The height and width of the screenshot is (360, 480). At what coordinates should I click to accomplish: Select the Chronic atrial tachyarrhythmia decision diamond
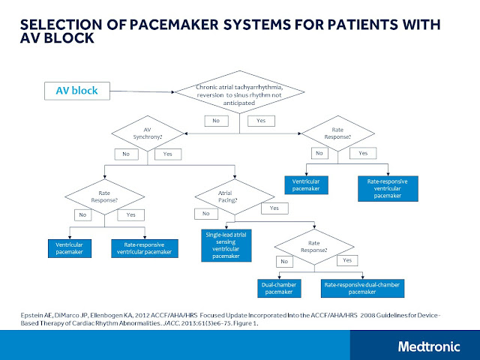[x=239, y=97]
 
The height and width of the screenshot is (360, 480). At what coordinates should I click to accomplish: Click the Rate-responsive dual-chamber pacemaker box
[x=363, y=288]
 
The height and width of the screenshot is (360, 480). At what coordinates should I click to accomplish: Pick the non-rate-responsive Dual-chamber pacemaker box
[x=281, y=288]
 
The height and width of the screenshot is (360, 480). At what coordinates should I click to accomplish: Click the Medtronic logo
[x=429, y=346]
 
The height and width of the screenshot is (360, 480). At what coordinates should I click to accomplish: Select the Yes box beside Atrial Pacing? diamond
[x=274, y=208]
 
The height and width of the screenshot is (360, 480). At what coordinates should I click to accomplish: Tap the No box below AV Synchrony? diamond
[x=125, y=154]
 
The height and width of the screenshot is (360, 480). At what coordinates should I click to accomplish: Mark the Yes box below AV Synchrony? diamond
[x=166, y=154]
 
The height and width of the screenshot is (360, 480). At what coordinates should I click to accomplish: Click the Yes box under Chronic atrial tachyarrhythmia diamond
[x=260, y=120]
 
